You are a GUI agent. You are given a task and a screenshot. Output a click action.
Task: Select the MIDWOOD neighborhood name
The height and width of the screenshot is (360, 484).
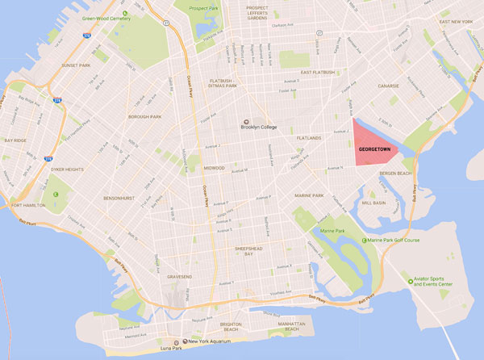click(214, 168)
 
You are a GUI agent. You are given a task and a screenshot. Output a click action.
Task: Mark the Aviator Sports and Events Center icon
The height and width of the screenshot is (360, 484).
click(410, 282)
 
